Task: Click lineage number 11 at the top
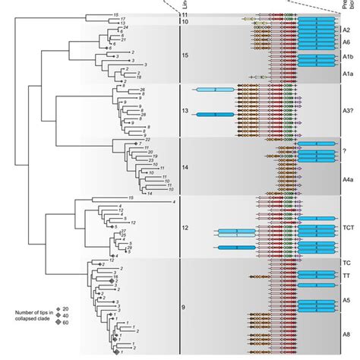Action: click(x=184, y=15)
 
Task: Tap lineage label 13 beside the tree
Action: click(x=184, y=111)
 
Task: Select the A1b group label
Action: click(x=346, y=58)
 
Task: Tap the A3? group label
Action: click(x=346, y=111)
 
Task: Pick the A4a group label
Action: click(x=346, y=179)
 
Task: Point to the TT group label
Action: click(x=346, y=276)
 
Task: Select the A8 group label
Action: click(x=346, y=334)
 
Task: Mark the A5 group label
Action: click(x=346, y=301)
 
